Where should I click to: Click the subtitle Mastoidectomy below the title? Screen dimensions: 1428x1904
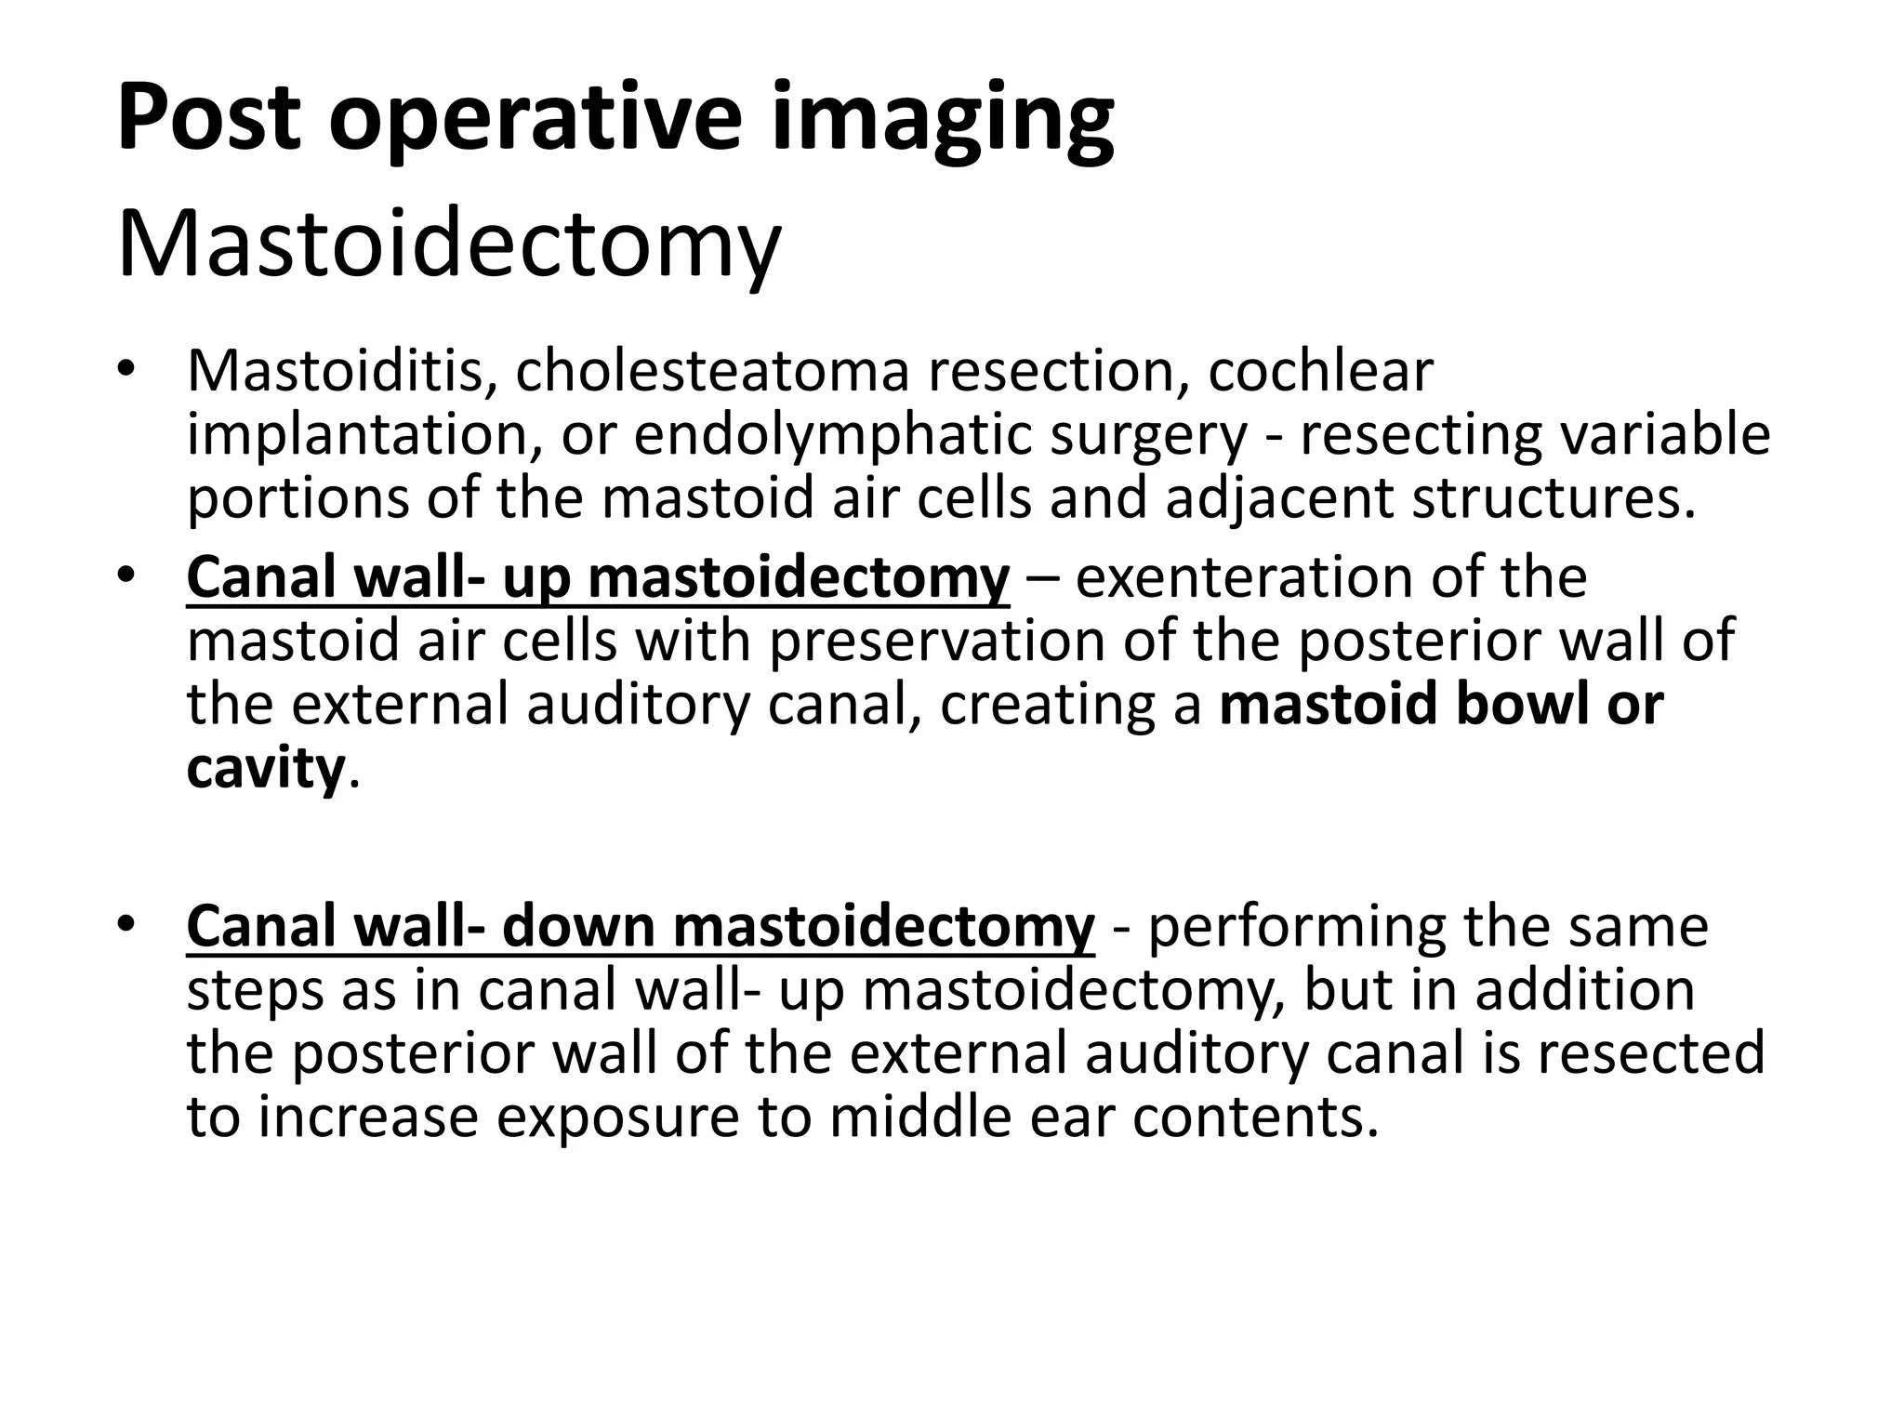[x=449, y=244]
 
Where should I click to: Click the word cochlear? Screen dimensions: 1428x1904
[x=1320, y=371]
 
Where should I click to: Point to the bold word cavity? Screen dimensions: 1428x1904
[x=266, y=767]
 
